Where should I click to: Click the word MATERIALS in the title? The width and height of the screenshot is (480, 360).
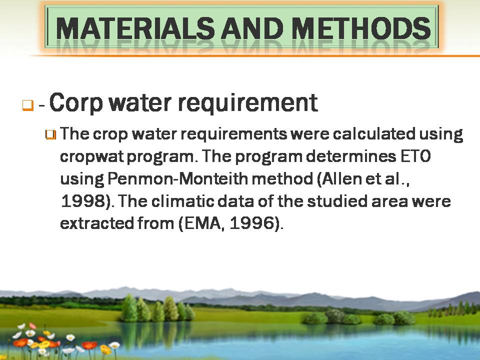(135, 28)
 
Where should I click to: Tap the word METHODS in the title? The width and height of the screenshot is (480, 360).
(361, 28)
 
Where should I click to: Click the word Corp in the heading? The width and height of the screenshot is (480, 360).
(75, 103)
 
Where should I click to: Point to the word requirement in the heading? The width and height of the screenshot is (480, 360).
(247, 103)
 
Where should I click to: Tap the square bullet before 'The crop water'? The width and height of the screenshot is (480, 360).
(51, 134)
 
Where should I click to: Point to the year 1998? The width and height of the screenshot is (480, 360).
(84, 201)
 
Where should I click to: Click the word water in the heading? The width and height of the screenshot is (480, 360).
(140, 103)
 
